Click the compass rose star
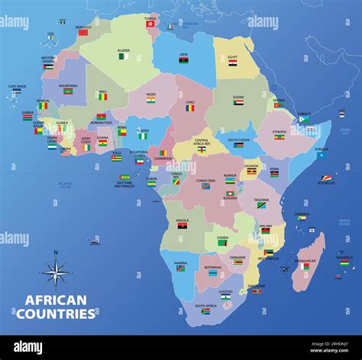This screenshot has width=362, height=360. tap(55, 272)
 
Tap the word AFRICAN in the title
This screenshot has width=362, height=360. tap(55, 301)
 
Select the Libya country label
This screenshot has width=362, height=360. tap(183, 54)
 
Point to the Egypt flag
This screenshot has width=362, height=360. tap(233, 65)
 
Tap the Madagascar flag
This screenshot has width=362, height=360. tap(306, 266)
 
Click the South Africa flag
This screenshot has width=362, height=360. tap(205, 311)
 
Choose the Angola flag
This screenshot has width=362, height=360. tap(183, 226)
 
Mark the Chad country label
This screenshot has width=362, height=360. tap(189, 101)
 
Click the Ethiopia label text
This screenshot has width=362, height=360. tap(279, 131)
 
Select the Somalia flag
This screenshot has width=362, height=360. tap(321, 156)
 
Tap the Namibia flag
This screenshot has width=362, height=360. tap(180, 268)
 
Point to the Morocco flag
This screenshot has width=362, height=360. tap(83, 33)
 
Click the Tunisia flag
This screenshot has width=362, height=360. tap(150, 24)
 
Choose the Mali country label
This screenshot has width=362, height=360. tap(102, 92)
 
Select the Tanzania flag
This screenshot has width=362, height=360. tap(260, 205)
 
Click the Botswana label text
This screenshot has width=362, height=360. tap(212, 267)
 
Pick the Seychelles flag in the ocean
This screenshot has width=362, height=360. tap(327, 178)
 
